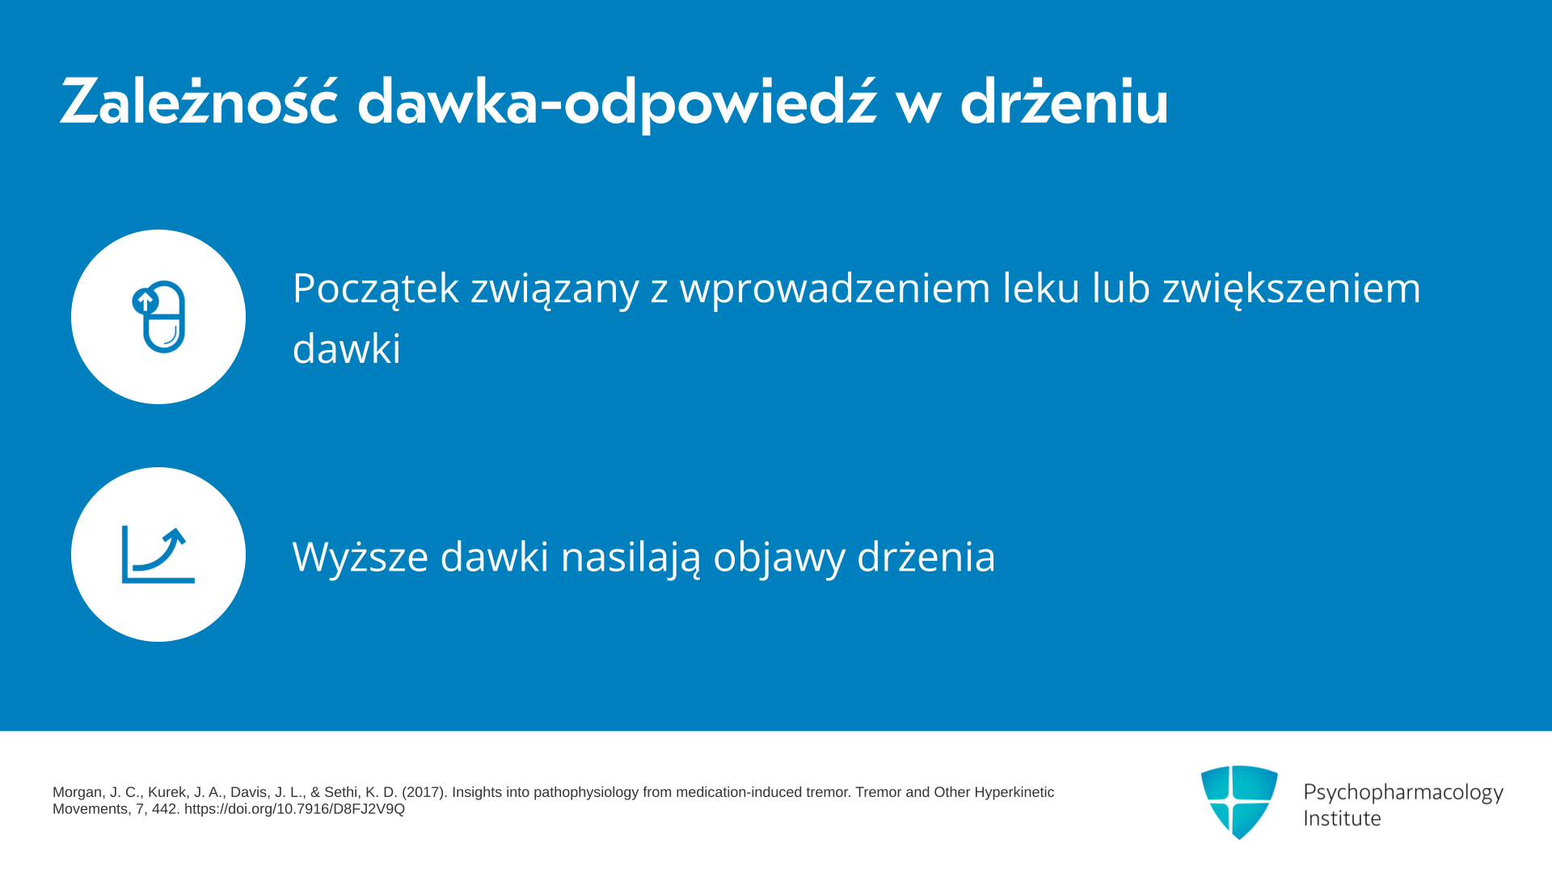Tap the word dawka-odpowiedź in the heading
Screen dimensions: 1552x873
point(617,103)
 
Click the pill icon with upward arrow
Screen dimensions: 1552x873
point(159,317)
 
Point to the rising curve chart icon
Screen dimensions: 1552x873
point(158,555)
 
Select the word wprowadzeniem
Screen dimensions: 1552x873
point(835,288)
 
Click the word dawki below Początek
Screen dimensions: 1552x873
point(347,348)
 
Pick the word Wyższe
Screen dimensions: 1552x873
point(361,556)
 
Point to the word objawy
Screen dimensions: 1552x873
point(779,558)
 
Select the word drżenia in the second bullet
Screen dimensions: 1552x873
point(926,556)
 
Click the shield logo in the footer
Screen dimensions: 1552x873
point(1239,802)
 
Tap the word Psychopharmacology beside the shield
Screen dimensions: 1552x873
point(1403,793)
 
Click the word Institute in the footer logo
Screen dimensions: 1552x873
point(1342,818)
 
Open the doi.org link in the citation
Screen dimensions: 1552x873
point(294,809)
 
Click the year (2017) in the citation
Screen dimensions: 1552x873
point(424,792)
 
